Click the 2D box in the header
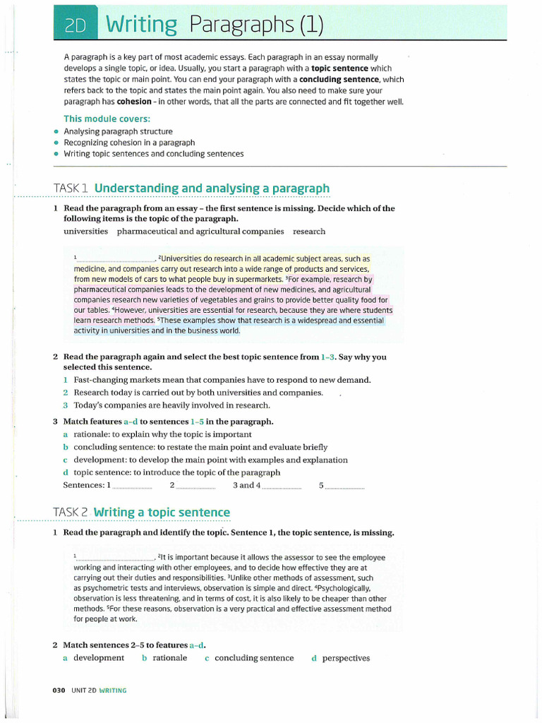coord(75,25)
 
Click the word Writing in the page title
coord(141,25)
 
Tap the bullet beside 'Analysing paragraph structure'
coord(56,131)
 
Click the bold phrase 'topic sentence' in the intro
coord(340,68)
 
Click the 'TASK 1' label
coord(71,189)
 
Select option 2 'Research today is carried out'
coord(198,393)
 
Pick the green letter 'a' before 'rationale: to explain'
coord(65,434)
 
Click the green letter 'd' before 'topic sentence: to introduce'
coord(65,472)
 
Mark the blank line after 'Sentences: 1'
coord(133,486)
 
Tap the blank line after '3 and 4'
coord(282,486)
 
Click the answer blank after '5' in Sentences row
coord(345,486)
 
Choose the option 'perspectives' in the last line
coord(346,658)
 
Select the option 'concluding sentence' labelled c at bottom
coord(254,658)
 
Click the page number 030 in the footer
coord(59,691)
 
